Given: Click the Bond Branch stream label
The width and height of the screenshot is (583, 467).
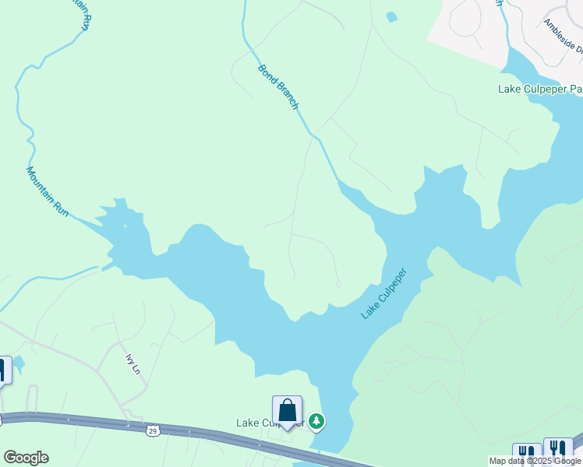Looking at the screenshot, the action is click(x=278, y=86).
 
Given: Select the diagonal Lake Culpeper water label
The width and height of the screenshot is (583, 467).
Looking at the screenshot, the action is click(x=384, y=294).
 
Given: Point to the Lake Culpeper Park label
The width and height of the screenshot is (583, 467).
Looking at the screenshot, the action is click(x=539, y=90).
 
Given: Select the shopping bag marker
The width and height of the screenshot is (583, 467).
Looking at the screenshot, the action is click(x=287, y=410).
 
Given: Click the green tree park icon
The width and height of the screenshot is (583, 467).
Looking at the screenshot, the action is click(x=316, y=422).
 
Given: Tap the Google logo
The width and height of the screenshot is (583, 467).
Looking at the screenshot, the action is click(x=26, y=458).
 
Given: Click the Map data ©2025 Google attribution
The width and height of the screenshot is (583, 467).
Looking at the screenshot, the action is click(x=535, y=461).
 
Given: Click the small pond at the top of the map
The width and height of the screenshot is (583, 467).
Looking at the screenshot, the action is click(x=390, y=16).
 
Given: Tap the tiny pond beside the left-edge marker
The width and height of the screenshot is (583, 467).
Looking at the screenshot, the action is click(x=19, y=362).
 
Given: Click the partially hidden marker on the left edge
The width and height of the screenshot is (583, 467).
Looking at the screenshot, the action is click(x=4, y=370).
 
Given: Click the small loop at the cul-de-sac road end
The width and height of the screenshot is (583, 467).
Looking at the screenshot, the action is click(x=338, y=284).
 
